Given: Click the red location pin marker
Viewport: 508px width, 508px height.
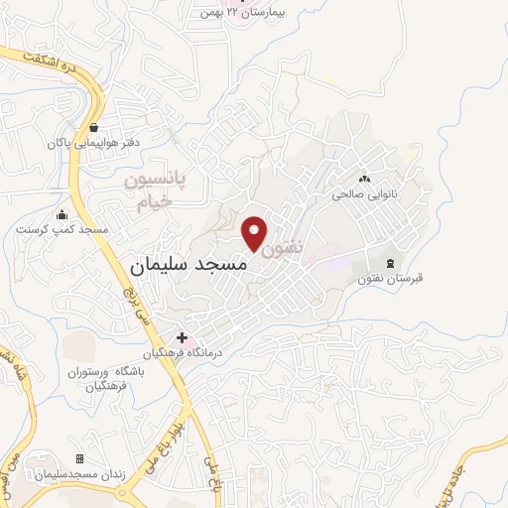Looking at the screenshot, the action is coord(254,232).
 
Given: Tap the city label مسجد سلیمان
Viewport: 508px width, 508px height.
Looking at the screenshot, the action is coord(193,266).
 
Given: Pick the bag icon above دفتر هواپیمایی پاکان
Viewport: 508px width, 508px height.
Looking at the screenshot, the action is coord(93,127).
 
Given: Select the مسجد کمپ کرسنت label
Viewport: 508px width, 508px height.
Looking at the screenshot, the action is coord(62,229).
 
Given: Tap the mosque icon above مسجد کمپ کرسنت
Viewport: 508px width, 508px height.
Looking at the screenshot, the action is coord(62,214).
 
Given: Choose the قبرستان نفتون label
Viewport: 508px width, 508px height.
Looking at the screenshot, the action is coord(391,278).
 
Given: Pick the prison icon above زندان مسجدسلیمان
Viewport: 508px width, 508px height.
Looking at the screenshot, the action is coord(79,458).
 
